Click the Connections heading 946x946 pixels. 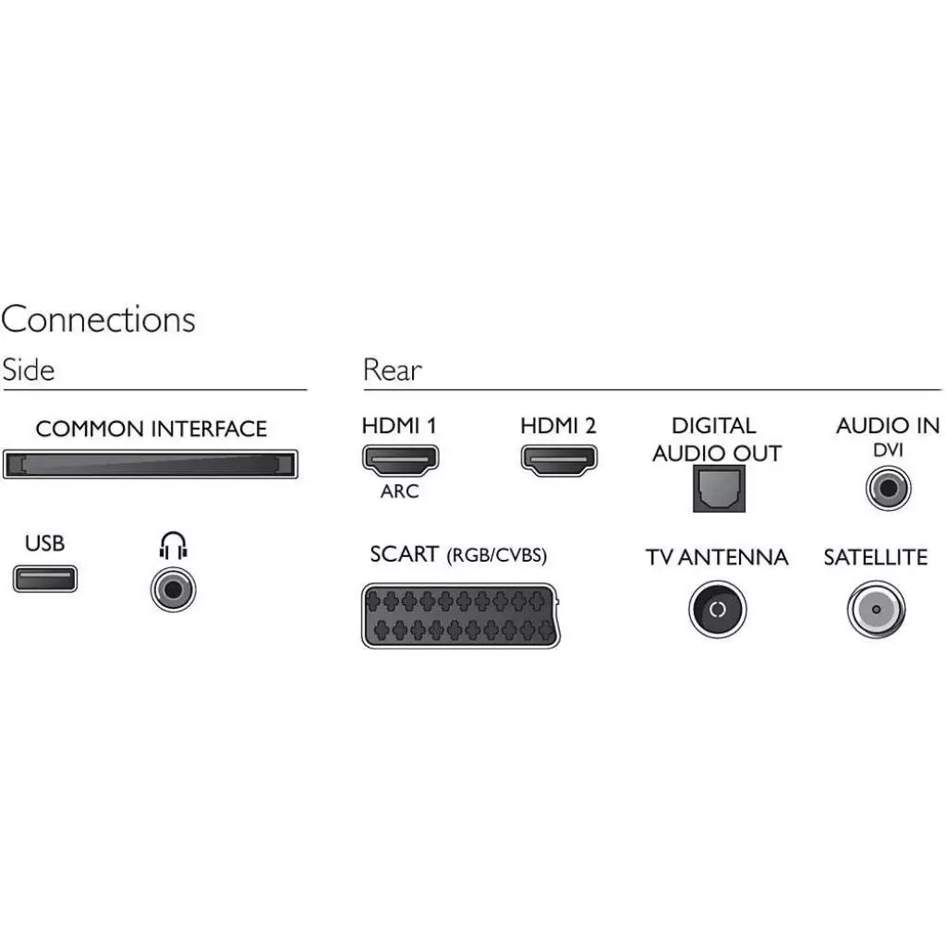pyautogui.click(x=98, y=320)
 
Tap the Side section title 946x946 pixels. pyautogui.click(x=29, y=370)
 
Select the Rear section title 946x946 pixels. pyautogui.click(x=393, y=370)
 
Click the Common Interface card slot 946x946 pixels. pyautogui.click(x=151, y=464)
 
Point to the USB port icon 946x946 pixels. pyautogui.click(x=44, y=579)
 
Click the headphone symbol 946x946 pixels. pyautogui.click(x=173, y=547)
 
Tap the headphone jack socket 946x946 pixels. pyautogui.click(x=173, y=588)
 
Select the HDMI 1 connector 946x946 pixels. pyautogui.click(x=399, y=458)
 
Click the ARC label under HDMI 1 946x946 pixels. pyautogui.click(x=399, y=491)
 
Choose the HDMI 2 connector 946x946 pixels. pyautogui.click(x=559, y=459)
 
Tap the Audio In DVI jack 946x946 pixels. pyautogui.click(x=888, y=487)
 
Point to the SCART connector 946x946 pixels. pyautogui.click(x=459, y=615)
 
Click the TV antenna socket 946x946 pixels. pyautogui.click(x=717, y=610)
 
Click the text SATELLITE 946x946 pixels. pyautogui.click(x=875, y=558)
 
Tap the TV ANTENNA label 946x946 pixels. pyautogui.click(x=717, y=558)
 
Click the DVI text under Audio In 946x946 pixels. pyautogui.click(x=888, y=450)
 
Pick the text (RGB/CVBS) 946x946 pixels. pyautogui.click(x=497, y=556)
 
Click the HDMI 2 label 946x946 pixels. pyautogui.click(x=558, y=426)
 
